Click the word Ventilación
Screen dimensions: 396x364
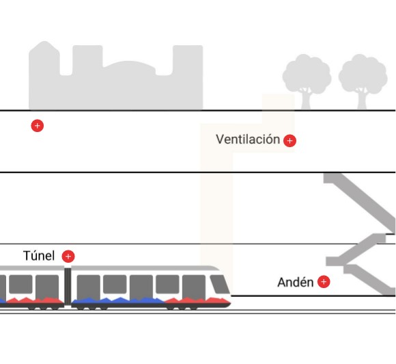(248, 139)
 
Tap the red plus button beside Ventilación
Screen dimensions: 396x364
(289, 141)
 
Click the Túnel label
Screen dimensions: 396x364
(39, 256)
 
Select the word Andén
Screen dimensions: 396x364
(295, 282)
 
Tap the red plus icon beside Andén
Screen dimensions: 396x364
(324, 282)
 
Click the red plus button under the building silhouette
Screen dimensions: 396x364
(38, 126)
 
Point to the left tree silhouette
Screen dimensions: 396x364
(307, 81)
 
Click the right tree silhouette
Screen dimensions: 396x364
(363, 81)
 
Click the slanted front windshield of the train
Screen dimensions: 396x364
(219, 284)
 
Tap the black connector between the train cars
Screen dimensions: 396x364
(68, 286)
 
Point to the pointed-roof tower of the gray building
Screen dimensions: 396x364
(44, 58)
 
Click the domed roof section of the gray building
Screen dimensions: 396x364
(130, 66)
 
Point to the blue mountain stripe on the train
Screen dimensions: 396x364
(119, 300)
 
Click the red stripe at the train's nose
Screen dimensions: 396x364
(197, 300)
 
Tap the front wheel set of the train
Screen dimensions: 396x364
(182, 308)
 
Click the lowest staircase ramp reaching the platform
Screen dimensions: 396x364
(369, 280)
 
